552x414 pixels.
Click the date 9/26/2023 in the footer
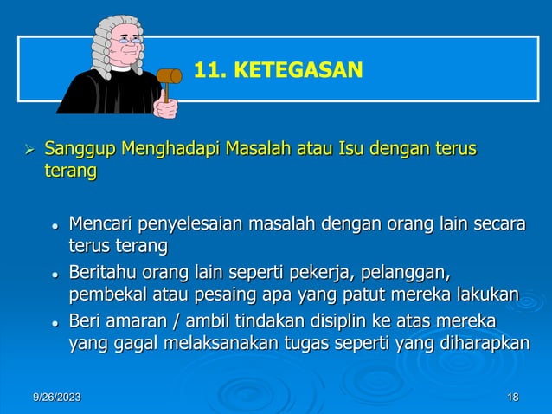(57, 397)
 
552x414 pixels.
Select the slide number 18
(513, 397)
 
